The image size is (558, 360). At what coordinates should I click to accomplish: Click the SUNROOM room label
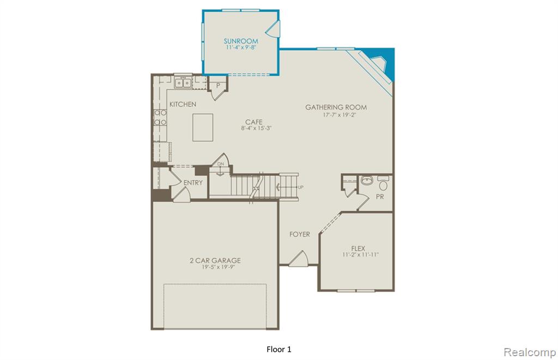point(241,41)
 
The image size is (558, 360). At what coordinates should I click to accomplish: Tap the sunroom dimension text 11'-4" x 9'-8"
point(241,47)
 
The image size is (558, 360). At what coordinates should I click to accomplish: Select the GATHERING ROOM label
point(336,107)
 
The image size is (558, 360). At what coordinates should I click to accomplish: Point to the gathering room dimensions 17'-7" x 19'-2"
point(339,115)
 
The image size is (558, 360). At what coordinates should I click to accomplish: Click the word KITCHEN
point(183,104)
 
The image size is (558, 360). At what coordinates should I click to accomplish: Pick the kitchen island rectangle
point(203,127)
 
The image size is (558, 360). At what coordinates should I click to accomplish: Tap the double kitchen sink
point(183,83)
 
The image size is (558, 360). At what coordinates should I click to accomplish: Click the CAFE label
point(254,122)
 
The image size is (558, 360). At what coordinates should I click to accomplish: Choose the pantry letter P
point(218,86)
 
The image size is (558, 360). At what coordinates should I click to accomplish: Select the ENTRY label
point(193,182)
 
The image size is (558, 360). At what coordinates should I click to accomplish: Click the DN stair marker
point(221,164)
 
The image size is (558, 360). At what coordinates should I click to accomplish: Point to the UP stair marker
point(301,187)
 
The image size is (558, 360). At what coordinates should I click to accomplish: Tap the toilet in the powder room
point(383,184)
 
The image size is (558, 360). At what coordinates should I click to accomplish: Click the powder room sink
point(366,180)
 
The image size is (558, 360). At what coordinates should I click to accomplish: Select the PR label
point(380,197)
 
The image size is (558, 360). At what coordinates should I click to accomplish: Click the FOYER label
point(299,234)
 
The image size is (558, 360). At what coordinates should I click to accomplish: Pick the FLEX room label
point(358,248)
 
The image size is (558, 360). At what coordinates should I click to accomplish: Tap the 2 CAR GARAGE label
point(215,260)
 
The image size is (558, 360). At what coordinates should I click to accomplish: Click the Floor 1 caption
point(278,349)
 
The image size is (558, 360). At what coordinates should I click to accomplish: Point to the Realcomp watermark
point(530,352)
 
